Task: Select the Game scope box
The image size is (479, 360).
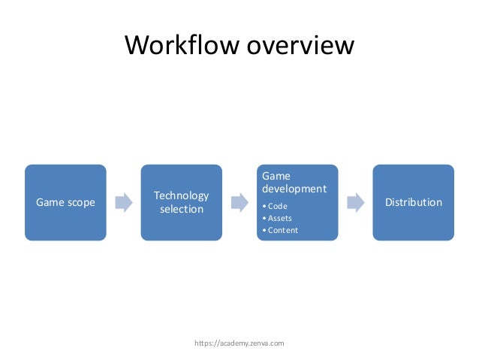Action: (x=65, y=202)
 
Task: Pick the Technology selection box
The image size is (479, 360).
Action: (x=181, y=202)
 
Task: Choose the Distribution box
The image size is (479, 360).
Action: (x=414, y=202)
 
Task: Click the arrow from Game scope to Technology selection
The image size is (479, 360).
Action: (x=123, y=202)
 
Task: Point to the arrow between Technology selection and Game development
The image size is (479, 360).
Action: (x=239, y=202)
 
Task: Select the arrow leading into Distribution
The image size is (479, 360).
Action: (x=355, y=202)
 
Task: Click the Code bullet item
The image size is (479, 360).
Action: (x=277, y=206)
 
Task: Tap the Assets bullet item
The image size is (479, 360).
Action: (x=279, y=218)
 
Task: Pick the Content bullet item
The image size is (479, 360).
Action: (x=282, y=230)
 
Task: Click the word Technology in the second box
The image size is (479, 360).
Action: (x=181, y=195)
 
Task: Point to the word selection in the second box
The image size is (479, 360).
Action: (x=181, y=209)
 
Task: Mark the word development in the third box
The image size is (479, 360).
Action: (x=294, y=188)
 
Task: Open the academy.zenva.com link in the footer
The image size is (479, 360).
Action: (x=239, y=343)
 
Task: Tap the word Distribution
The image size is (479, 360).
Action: (x=414, y=202)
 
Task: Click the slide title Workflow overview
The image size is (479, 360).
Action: (x=239, y=46)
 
